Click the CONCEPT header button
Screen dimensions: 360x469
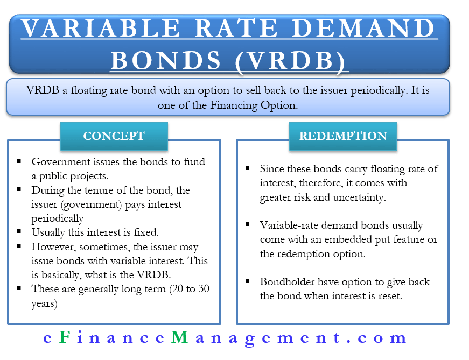pos(114,136)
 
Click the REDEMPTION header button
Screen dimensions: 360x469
pos(343,136)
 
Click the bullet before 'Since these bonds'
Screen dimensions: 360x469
pos(248,168)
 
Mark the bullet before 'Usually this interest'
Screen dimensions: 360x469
pos(19,232)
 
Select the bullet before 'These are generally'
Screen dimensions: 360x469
pos(19,288)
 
